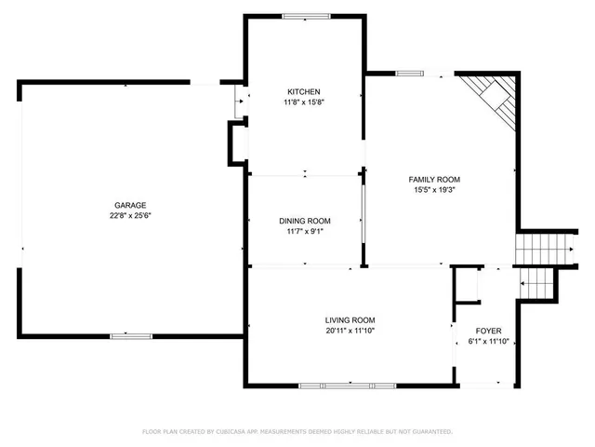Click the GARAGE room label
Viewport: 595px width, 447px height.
pyautogui.click(x=130, y=205)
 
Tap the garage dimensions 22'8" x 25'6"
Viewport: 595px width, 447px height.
pyautogui.click(x=130, y=215)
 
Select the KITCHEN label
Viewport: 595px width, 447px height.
pyautogui.click(x=304, y=91)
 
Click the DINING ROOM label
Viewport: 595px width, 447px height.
pyautogui.click(x=305, y=221)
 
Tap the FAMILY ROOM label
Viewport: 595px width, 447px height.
pyautogui.click(x=435, y=180)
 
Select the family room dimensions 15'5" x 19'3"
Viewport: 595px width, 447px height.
pyautogui.click(x=435, y=190)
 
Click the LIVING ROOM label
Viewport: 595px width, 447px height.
pyautogui.click(x=350, y=319)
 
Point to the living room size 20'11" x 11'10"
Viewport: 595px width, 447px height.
pyautogui.click(x=350, y=330)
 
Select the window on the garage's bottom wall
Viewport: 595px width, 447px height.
pyautogui.click(x=130, y=335)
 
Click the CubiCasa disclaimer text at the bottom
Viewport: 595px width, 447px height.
pyautogui.click(x=297, y=431)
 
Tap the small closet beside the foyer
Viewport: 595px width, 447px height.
pyautogui.click(x=465, y=286)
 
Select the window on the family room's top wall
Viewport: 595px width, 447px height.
pyautogui.click(x=409, y=73)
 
